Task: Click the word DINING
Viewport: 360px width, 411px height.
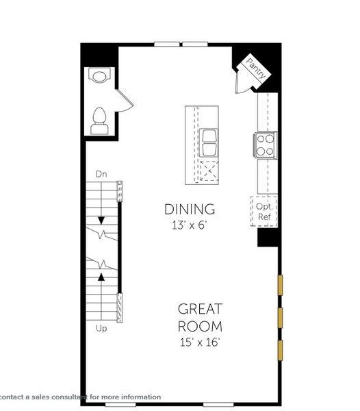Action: pyautogui.click(x=190, y=209)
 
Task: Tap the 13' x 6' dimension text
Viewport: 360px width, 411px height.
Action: pyautogui.click(x=190, y=224)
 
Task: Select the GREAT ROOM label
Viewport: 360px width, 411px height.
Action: pyautogui.click(x=200, y=317)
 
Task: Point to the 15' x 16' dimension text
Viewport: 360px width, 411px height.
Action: pyautogui.click(x=200, y=340)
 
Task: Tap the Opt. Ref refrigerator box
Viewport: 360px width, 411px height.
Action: pyautogui.click(x=265, y=210)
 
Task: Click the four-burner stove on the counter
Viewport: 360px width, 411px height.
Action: pyautogui.click(x=266, y=145)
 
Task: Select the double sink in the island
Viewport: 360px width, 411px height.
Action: pyautogui.click(x=209, y=142)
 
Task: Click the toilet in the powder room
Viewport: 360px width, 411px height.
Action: pyautogui.click(x=100, y=123)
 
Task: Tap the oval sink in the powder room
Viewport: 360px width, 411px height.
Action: pyautogui.click(x=100, y=76)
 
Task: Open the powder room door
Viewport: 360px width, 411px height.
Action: pyautogui.click(x=124, y=101)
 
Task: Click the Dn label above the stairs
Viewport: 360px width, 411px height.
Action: pyautogui.click(x=102, y=174)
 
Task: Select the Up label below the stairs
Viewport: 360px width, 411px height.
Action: pyautogui.click(x=101, y=329)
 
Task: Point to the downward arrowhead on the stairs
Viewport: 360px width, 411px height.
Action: pyautogui.click(x=101, y=221)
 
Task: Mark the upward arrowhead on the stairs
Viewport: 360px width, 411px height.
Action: pyautogui.click(x=101, y=276)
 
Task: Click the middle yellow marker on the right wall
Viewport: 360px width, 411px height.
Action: pyautogui.click(x=279, y=317)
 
